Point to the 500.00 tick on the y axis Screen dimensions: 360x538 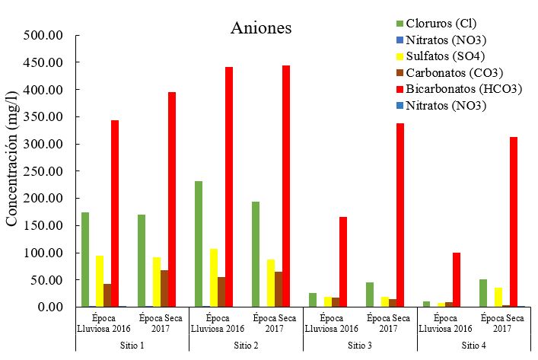46,36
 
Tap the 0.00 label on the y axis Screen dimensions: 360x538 53,307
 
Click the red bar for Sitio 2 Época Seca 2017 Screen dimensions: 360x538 285,186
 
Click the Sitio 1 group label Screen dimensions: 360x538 132,344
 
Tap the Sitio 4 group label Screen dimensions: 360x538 473,344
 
